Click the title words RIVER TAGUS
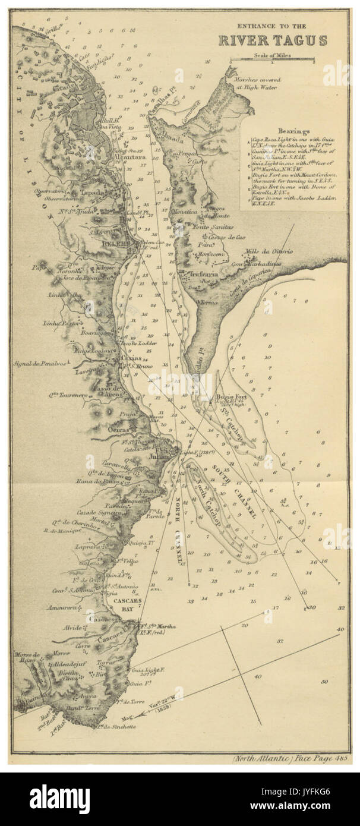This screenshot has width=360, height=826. [x=272, y=41]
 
